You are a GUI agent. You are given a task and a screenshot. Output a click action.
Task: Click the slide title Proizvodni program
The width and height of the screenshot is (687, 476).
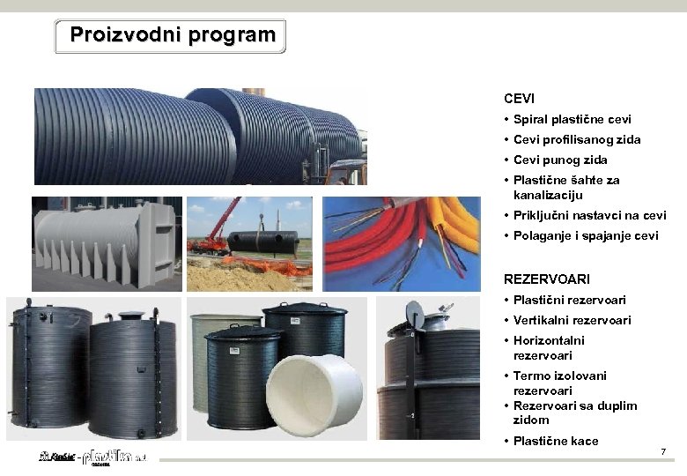coord(172,35)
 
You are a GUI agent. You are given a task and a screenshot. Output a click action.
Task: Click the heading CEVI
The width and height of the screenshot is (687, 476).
coord(519,99)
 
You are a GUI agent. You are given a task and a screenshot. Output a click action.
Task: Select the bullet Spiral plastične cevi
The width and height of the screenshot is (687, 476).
coord(572,119)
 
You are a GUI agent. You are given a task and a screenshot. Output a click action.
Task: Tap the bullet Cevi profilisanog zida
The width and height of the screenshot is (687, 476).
coord(577,139)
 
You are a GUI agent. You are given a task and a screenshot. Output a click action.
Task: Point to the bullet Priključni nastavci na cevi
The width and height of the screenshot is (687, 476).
coord(589,215)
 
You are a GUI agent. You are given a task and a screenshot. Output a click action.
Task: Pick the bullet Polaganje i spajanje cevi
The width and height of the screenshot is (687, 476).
coord(585,235)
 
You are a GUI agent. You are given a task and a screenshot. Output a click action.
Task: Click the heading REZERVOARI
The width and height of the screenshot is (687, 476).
coord(546,279)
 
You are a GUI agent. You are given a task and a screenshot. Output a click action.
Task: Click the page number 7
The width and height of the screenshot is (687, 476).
coord(663,452)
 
